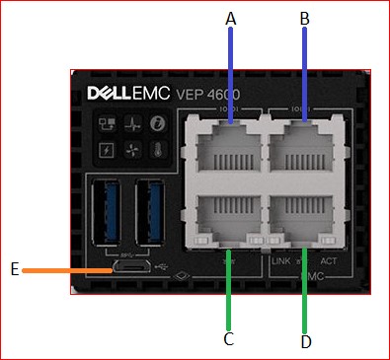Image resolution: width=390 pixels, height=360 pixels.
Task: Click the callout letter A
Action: coord(231,18)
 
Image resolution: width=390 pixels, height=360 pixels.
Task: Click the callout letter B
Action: coord(304,18)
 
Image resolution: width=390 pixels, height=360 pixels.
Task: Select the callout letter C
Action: coord(229,339)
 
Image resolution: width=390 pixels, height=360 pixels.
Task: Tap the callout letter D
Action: coord(305,341)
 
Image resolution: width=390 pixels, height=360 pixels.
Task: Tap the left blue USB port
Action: coord(109,213)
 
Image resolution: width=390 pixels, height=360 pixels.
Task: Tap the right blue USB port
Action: coord(150,213)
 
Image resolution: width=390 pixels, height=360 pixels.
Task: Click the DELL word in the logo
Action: coord(116,98)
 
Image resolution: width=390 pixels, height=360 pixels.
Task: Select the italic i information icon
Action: coord(155,125)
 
